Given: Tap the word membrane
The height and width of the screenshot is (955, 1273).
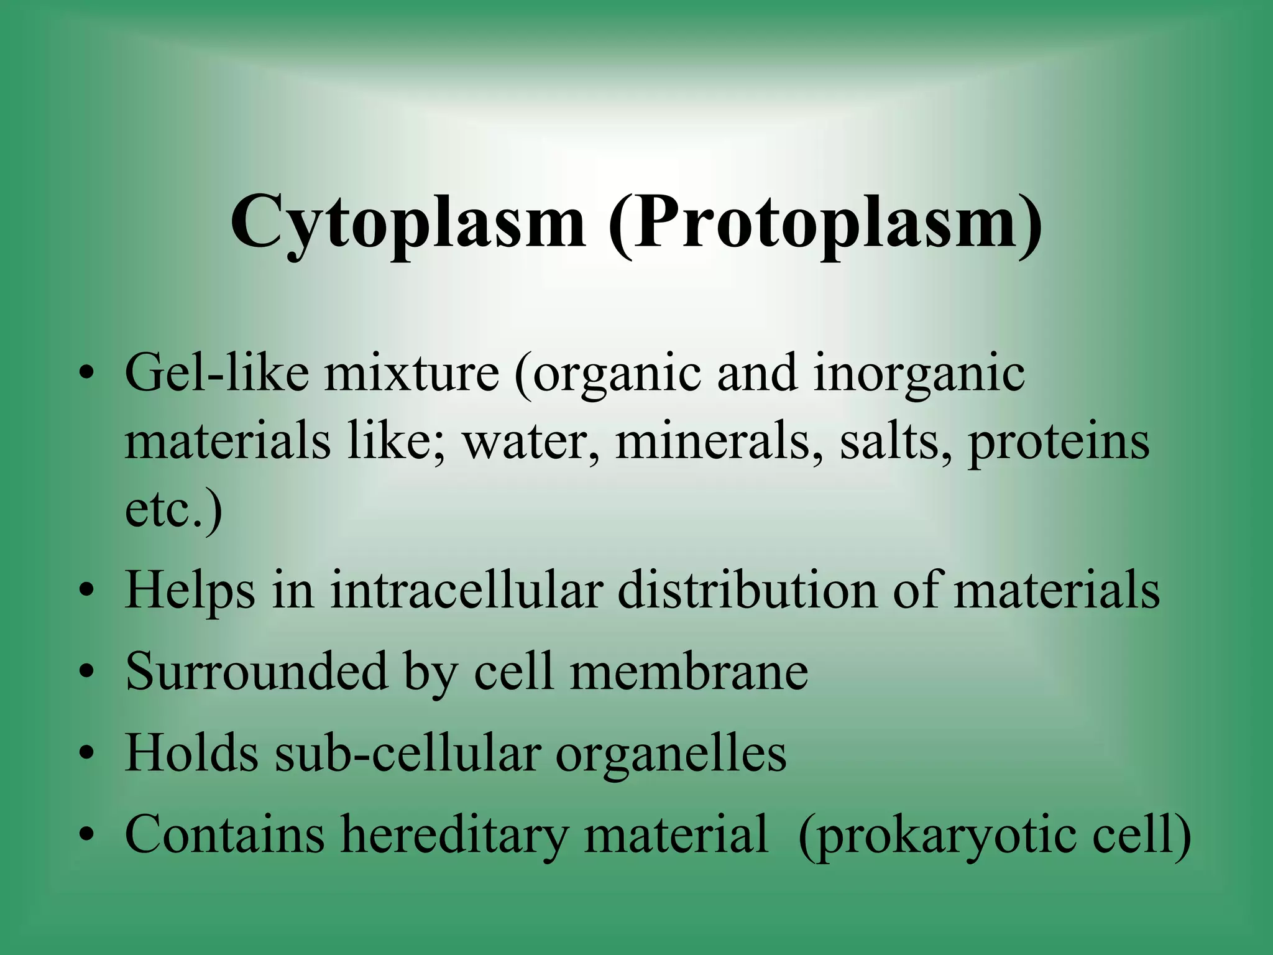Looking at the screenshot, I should (689, 671).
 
